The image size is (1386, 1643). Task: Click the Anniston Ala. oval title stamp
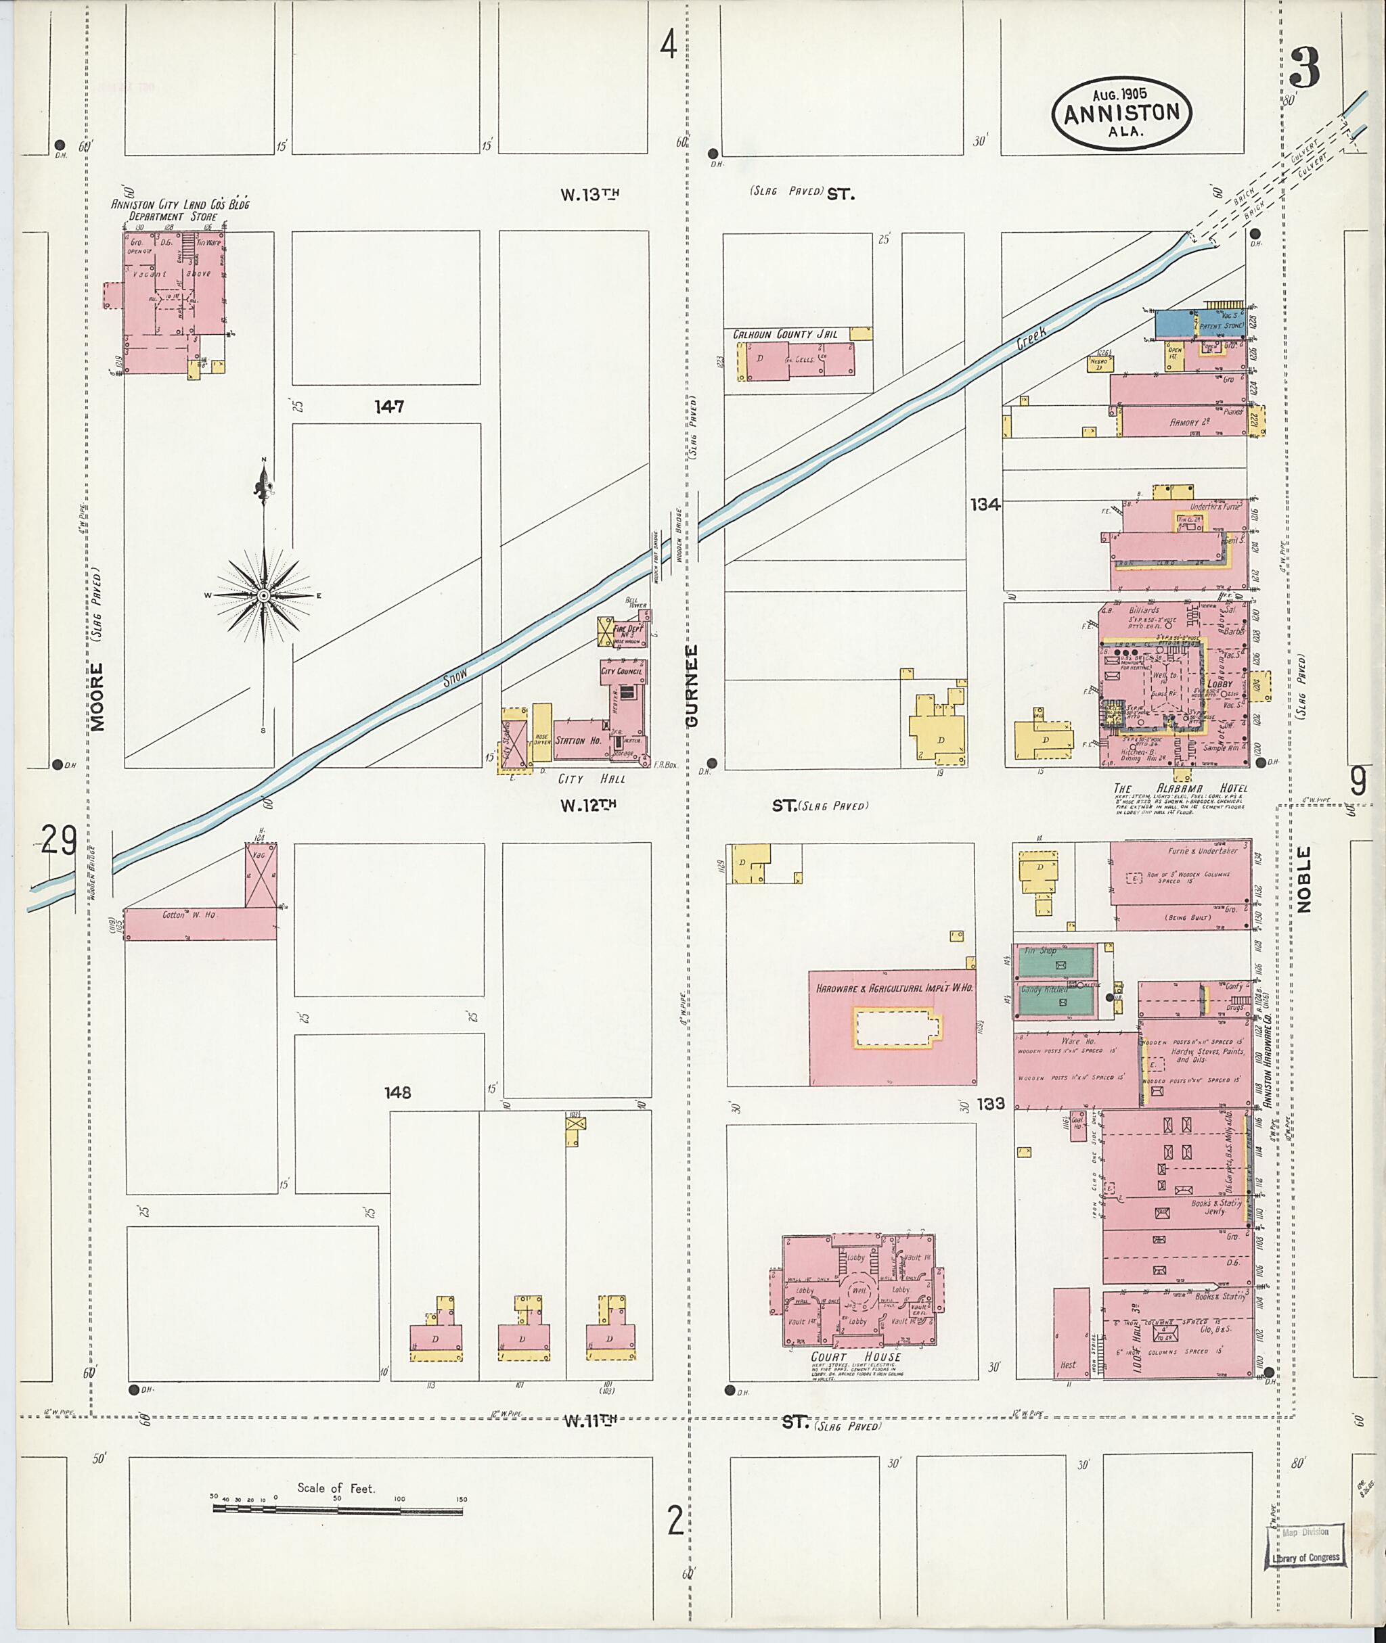click(1121, 113)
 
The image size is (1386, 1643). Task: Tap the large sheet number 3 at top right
click(1304, 68)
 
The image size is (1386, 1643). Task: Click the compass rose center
click(264, 596)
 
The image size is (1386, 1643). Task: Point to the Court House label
click(855, 1356)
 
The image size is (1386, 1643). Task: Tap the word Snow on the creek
click(455, 676)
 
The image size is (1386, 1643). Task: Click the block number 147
click(389, 407)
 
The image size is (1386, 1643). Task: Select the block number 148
click(397, 1092)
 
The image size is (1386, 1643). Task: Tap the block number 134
click(985, 505)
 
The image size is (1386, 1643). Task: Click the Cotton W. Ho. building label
click(189, 915)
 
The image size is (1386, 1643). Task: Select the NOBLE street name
click(1304, 881)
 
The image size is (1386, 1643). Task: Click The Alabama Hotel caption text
click(1180, 789)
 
